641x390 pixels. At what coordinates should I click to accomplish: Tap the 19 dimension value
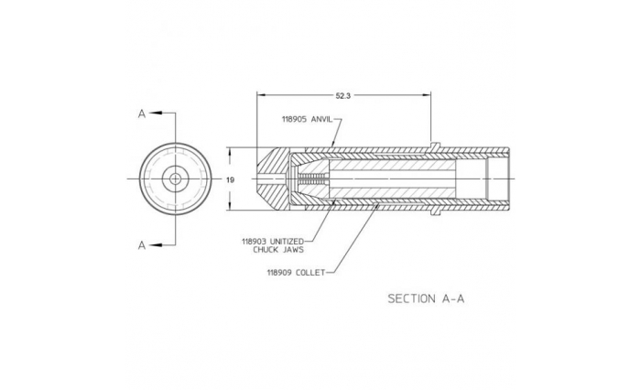(x=230, y=179)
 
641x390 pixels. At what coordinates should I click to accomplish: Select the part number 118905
(x=295, y=119)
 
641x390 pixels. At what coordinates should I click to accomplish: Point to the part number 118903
(x=255, y=242)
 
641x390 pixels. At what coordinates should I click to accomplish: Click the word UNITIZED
(x=287, y=242)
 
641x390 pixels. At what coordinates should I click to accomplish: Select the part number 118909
(x=279, y=272)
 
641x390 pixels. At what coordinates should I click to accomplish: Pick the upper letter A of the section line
(x=141, y=114)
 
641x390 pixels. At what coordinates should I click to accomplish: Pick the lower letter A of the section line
(x=141, y=245)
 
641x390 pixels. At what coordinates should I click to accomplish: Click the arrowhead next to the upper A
(x=156, y=114)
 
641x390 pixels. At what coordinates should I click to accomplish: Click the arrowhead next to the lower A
(x=156, y=245)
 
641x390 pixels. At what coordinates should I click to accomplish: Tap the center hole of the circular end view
(x=175, y=179)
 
